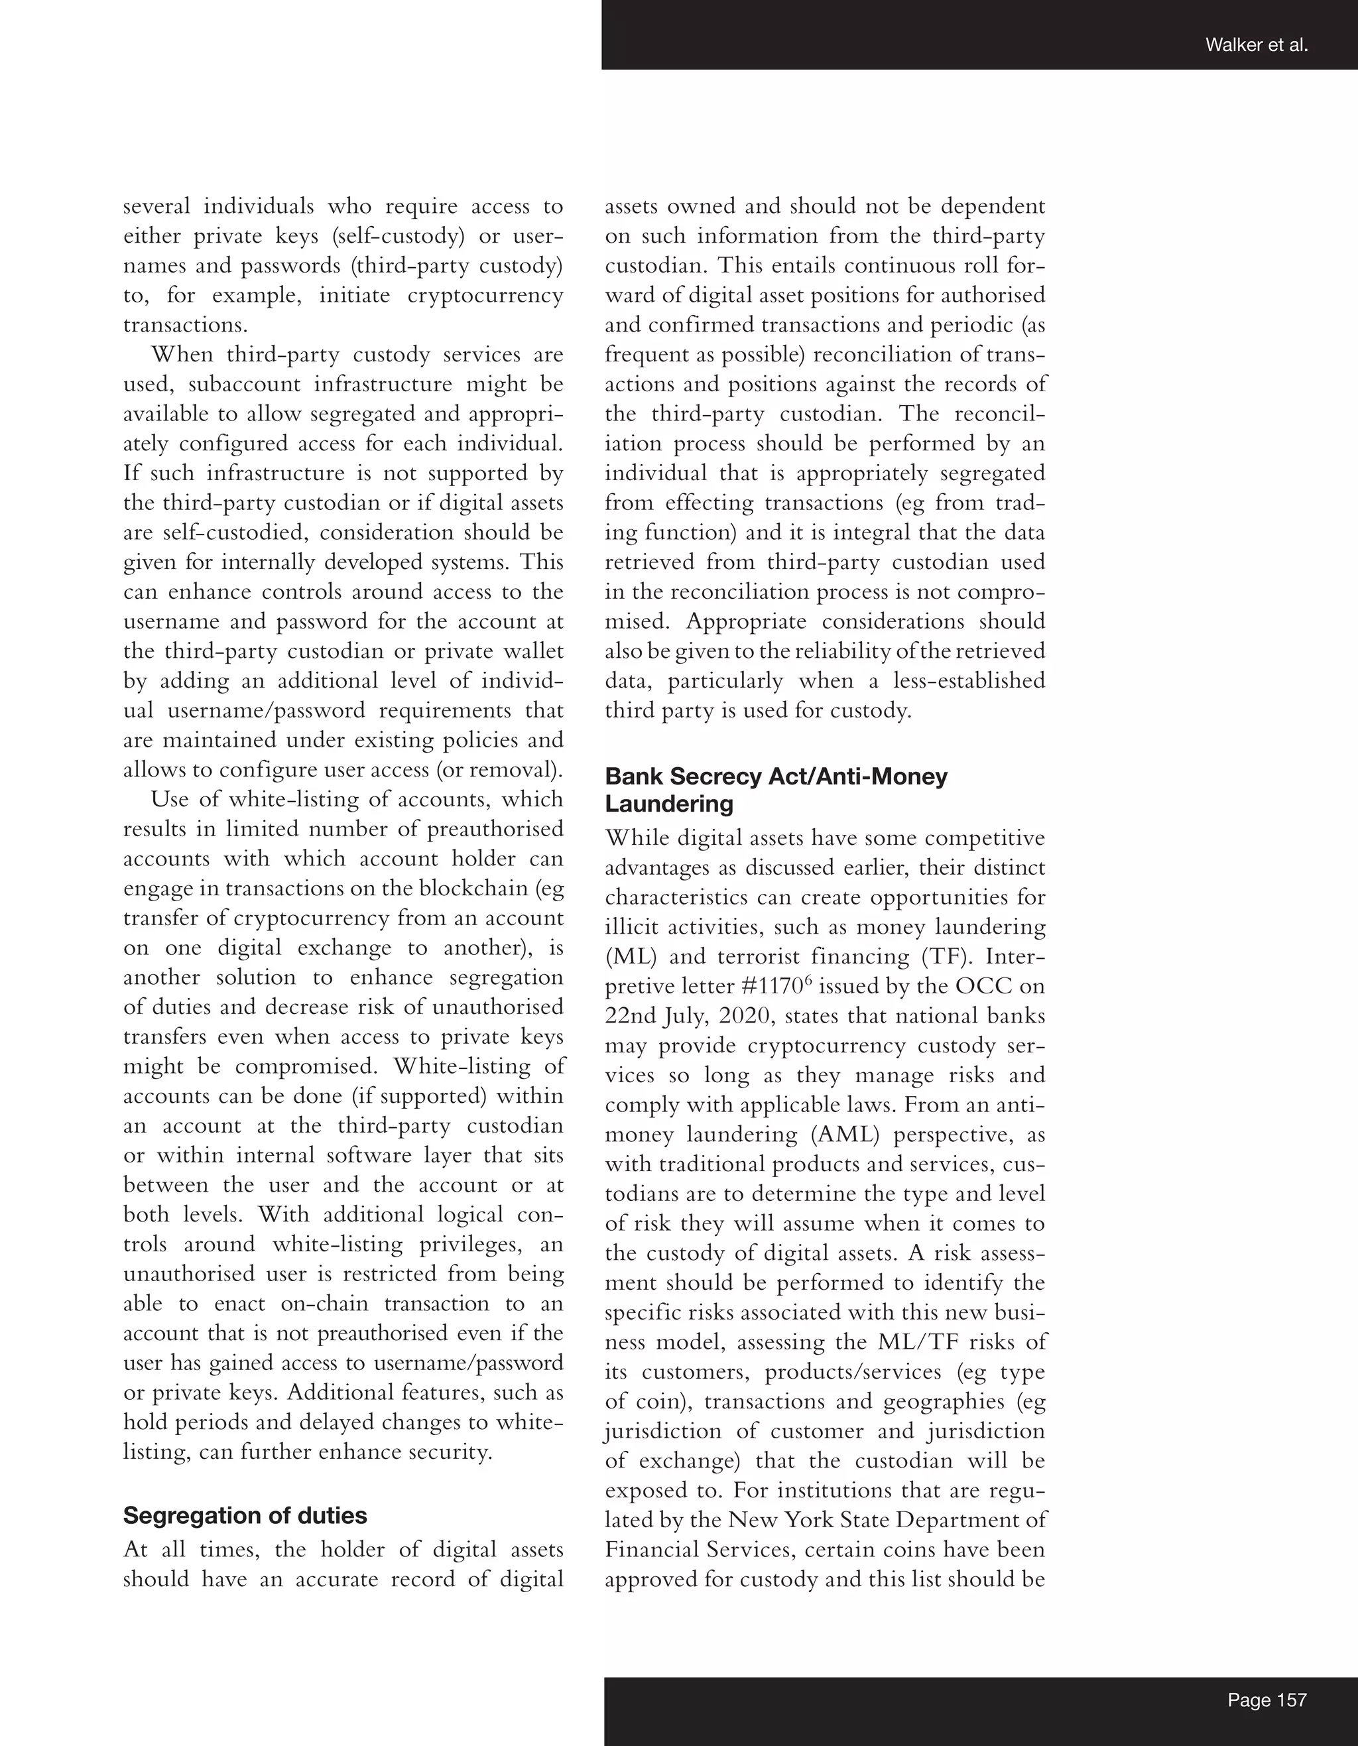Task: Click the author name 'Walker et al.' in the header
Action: click(1256, 46)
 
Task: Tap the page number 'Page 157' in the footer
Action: click(1267, 1700)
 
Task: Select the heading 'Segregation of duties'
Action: click(245, 1516)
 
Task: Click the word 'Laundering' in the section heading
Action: click(669, 804)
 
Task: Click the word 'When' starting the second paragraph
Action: click(182, 354)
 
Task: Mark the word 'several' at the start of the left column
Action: click(156, 206)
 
